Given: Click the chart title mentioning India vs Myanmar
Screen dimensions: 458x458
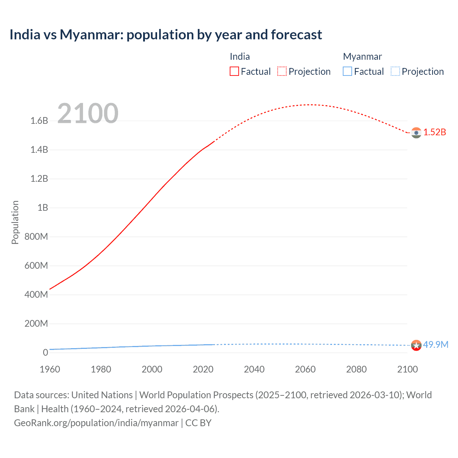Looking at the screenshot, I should [x=166, y=35].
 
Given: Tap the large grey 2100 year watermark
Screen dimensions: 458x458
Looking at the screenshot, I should [x=88, y=113].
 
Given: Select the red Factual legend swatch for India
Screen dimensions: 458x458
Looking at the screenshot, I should [x=234, y=71].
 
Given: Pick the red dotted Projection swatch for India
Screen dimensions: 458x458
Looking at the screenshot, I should [x=282, y=71].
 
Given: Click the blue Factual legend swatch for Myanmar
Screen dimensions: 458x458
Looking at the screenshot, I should [x=347, y=71].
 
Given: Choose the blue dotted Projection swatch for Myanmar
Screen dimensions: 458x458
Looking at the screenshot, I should [x=395, y=71].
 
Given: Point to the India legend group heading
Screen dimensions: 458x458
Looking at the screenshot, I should [x=240, y=57].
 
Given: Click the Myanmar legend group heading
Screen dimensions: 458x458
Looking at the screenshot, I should [x=362, y=57].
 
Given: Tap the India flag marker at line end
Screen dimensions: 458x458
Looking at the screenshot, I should [x=416, y=133].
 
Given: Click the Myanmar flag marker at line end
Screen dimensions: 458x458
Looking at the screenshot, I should [x=416, y=345].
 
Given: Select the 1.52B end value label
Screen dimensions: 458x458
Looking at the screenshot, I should [x=435, y=132].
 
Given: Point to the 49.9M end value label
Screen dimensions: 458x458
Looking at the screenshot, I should [x=435, y=345].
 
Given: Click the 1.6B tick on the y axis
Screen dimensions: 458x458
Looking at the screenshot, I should [x=39, y=121].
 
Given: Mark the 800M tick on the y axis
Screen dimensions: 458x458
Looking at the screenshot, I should [x=36, y=237].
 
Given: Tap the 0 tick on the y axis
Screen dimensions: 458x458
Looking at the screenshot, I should [x=45, y=352].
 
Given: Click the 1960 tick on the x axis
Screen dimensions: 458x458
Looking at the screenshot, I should [x=50, y=369].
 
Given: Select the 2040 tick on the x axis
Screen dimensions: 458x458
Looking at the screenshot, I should [x=254, y=369].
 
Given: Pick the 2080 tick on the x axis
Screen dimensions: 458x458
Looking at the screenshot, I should [x=356, y=369].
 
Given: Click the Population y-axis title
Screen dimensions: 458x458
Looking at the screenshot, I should [x=15, y=222].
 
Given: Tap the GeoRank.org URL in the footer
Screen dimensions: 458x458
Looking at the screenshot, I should [x=96, y=423].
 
